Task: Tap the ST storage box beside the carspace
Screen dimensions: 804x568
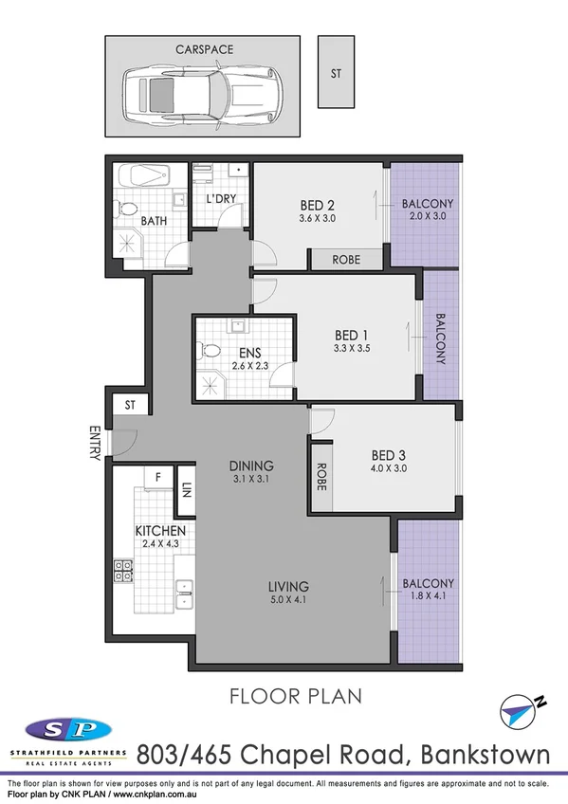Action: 337,72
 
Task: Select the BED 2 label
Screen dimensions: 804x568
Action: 317,204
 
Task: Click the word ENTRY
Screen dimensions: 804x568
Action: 95,444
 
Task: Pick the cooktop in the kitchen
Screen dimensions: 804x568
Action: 123,571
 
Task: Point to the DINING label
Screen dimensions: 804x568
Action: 251,466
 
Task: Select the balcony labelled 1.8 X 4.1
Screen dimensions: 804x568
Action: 428,590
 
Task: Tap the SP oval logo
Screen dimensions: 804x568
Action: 67,730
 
